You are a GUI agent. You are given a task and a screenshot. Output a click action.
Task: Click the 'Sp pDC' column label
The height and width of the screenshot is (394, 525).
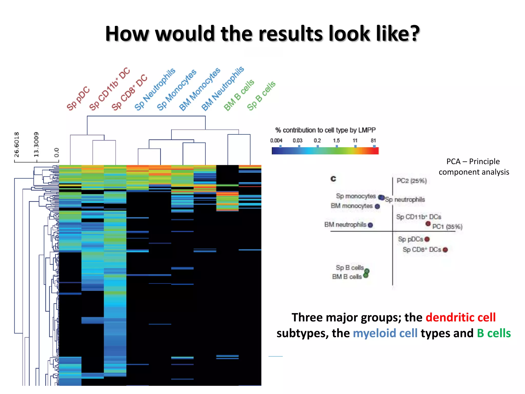78,98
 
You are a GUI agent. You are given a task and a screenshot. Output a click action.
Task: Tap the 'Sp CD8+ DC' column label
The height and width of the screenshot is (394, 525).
129,92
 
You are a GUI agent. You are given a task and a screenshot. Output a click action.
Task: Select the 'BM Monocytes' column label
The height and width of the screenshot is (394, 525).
200,89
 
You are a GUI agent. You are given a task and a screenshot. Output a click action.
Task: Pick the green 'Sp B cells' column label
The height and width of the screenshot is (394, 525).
261,95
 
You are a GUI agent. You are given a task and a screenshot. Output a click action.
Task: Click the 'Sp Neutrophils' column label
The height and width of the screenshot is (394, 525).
155,89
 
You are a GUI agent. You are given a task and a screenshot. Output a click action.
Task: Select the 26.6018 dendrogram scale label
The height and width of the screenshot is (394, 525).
16,144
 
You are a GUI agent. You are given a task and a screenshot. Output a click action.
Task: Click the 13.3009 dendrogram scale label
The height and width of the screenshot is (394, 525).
36,144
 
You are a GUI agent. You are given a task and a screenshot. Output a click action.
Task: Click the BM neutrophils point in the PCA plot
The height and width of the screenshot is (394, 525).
370,225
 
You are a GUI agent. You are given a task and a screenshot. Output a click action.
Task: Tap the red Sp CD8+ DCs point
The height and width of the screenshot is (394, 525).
445,250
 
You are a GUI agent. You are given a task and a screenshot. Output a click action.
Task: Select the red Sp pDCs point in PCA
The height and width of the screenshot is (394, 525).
427,239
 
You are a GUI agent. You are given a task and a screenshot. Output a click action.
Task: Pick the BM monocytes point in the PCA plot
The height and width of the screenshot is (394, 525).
377,206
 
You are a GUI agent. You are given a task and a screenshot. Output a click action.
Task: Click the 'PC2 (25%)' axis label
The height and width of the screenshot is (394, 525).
411,181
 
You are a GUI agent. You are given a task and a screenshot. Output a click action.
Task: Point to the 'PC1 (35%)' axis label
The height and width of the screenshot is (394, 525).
447,226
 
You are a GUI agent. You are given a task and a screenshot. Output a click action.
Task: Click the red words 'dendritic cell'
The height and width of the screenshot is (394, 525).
460,318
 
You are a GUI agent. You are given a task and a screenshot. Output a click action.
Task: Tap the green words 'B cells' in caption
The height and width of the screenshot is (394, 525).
494,333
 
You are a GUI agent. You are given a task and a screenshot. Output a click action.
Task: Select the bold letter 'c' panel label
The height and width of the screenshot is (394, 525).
333,179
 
